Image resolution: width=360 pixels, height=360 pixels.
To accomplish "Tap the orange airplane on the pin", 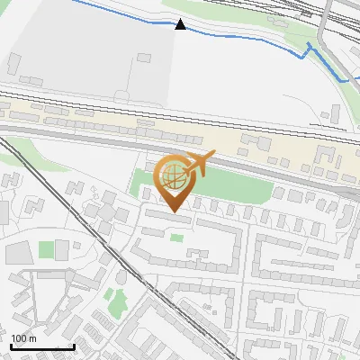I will [199, 164].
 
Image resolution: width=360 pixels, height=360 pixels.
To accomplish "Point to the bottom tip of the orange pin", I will [174, 212].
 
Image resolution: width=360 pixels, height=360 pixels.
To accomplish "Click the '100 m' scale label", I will [23, 338].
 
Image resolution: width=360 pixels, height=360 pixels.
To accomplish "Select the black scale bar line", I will [41, 346].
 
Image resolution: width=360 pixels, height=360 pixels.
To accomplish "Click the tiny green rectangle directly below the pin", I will [177, 238].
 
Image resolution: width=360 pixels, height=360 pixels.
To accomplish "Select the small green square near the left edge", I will [47, 249].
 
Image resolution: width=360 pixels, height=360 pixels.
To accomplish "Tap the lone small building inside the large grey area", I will [142, 58].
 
